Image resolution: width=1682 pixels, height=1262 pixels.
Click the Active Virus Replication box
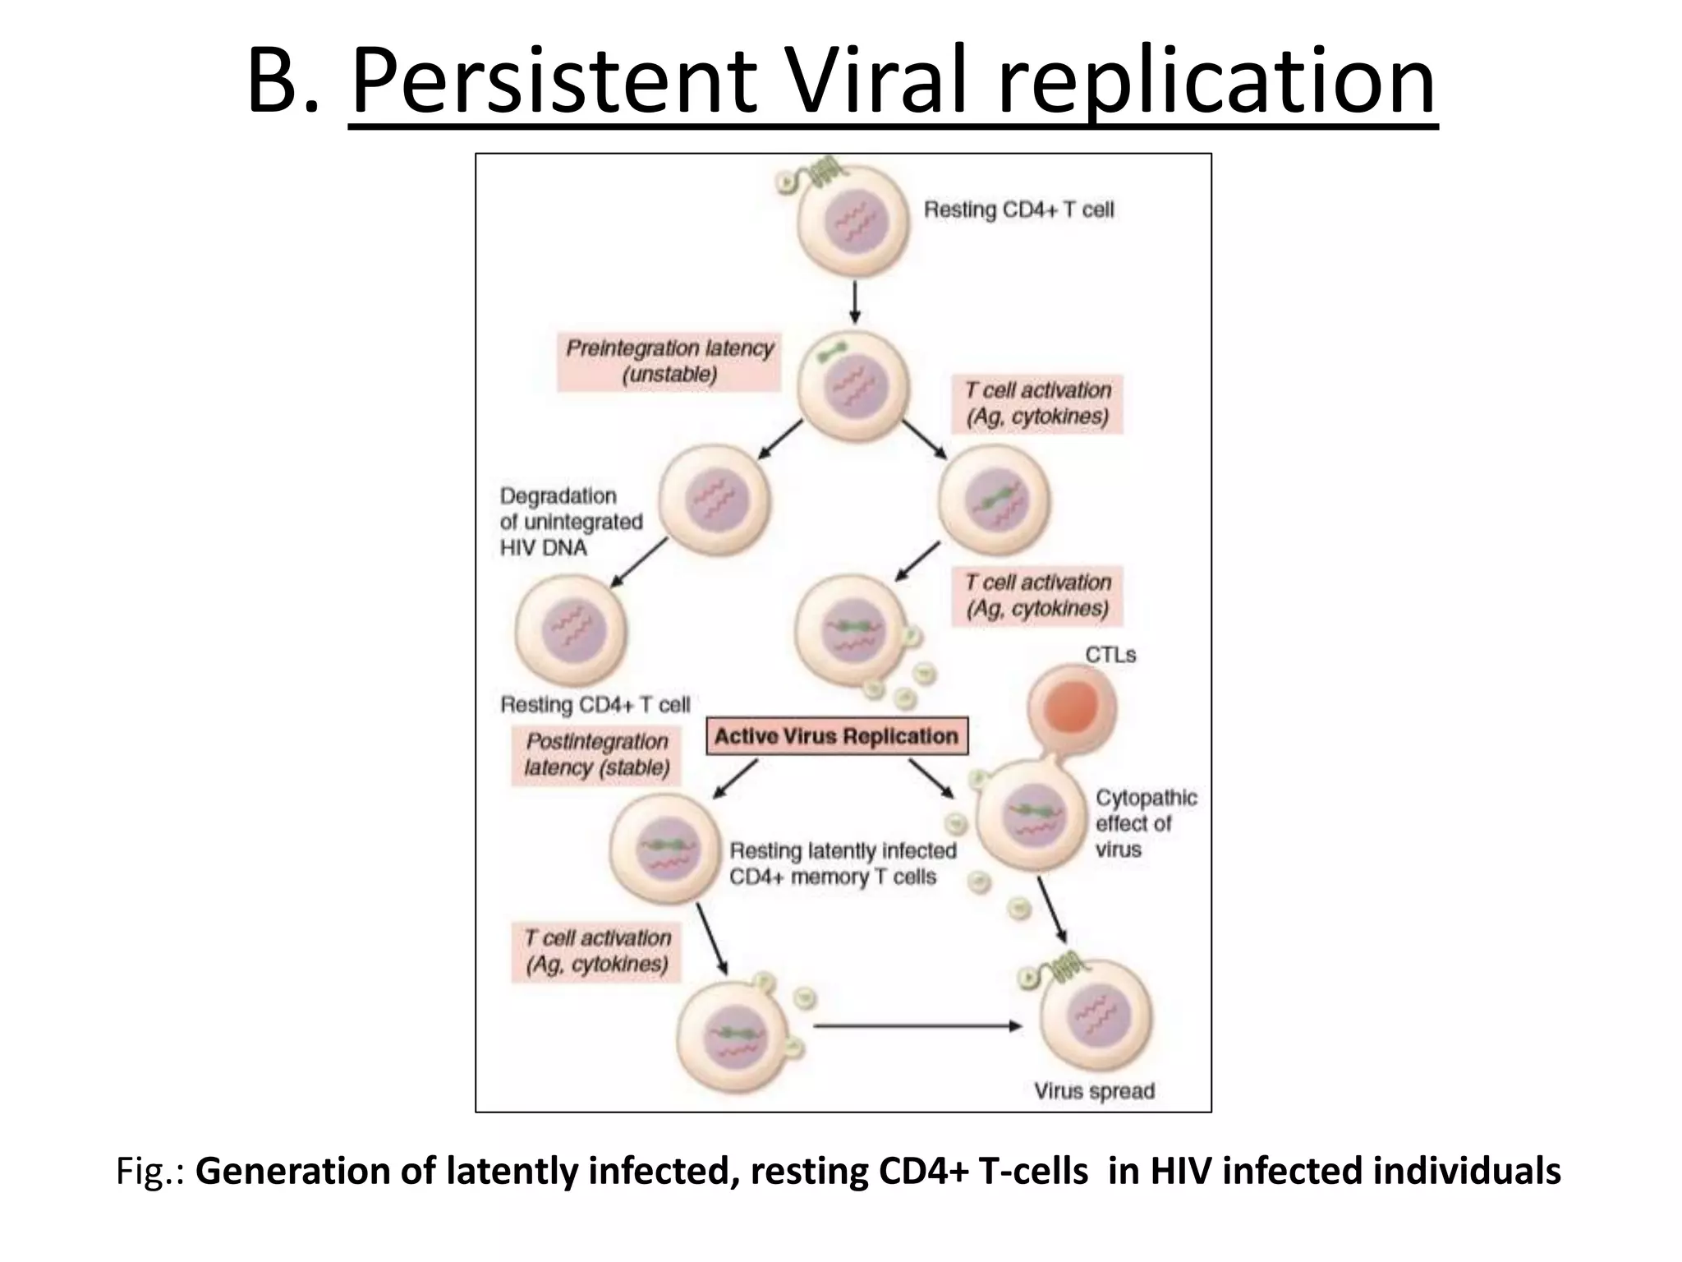[x=836, y=736]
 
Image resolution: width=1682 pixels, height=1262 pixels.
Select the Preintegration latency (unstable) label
[x=669, y=362]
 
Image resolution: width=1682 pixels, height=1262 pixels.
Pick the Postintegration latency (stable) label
[x=596, y=754]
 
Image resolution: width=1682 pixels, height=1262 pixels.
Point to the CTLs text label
[x=1110, y=655]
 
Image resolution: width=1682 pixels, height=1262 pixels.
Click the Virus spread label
[x=1093, y=1091]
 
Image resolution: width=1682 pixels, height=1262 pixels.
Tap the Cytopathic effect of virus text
[x=1145, y=823]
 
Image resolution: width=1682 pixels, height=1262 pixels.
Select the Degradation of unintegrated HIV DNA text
[x=571, y=522]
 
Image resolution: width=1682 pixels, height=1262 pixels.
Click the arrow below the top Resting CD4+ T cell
[x=854, y=302]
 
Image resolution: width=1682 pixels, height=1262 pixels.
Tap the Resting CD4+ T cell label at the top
[x=1018, y=210]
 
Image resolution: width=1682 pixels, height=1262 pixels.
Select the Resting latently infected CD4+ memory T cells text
[x=842, y=864]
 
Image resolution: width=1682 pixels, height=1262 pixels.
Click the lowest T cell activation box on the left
[x=597, y=951]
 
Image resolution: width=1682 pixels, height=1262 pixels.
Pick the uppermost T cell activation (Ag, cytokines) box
[x=1037, y=403]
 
